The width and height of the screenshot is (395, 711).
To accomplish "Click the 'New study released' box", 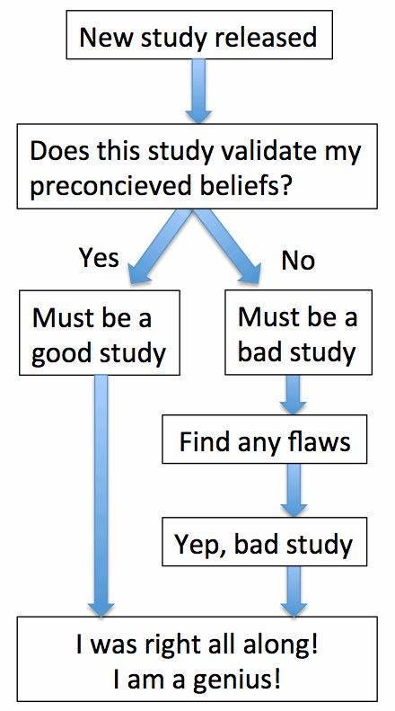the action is pos(199,35).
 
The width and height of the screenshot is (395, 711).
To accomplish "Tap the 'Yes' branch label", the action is pos(100,258).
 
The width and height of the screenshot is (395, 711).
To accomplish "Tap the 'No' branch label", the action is pos(298,261).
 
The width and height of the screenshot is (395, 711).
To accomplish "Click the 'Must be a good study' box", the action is pos(100,333).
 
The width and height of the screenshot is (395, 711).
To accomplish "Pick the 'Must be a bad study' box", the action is pos(299,333).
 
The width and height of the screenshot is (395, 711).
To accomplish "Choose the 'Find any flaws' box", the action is pos(265,439).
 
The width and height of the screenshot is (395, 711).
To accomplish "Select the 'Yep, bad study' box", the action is pos(265,541).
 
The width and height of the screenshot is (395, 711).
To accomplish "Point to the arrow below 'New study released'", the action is pos(198,91).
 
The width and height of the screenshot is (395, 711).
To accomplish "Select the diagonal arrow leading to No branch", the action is pos(228,247).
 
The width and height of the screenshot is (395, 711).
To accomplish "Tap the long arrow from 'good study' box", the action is pos(101,495).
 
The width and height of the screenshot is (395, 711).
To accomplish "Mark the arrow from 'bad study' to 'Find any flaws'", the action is pos(294,395).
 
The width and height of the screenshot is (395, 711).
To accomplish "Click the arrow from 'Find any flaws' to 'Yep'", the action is pos(294,490).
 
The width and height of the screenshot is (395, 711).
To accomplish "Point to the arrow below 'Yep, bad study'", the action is pos(294,591).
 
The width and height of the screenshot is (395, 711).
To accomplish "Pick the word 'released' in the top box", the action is pos(266,36).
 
